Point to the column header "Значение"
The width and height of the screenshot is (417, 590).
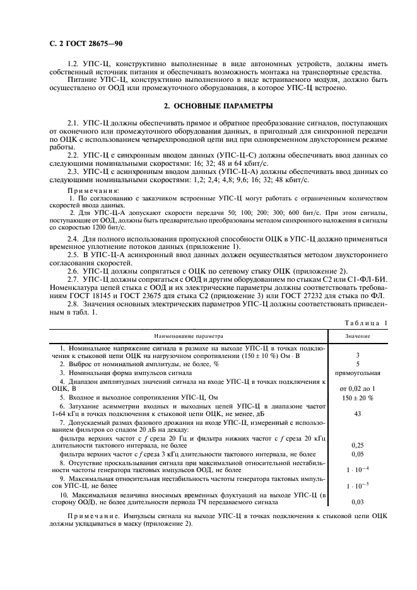[358, 337]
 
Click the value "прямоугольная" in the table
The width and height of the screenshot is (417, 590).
[358, 373]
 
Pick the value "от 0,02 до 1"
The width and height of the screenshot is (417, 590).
[358, 389]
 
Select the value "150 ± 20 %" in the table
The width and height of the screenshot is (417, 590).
[358, 398]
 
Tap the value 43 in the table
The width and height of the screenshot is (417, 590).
[358, 414]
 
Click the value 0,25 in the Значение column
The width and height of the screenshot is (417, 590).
[358, 445]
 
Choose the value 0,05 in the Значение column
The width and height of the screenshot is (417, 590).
[358, 453]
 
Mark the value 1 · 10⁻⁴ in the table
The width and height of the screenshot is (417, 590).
[358, 470]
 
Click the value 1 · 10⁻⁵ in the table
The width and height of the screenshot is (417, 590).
[358, 486]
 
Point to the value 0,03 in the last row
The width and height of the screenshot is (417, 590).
[358, 502]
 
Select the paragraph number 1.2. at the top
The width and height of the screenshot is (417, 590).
[73, 64]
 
